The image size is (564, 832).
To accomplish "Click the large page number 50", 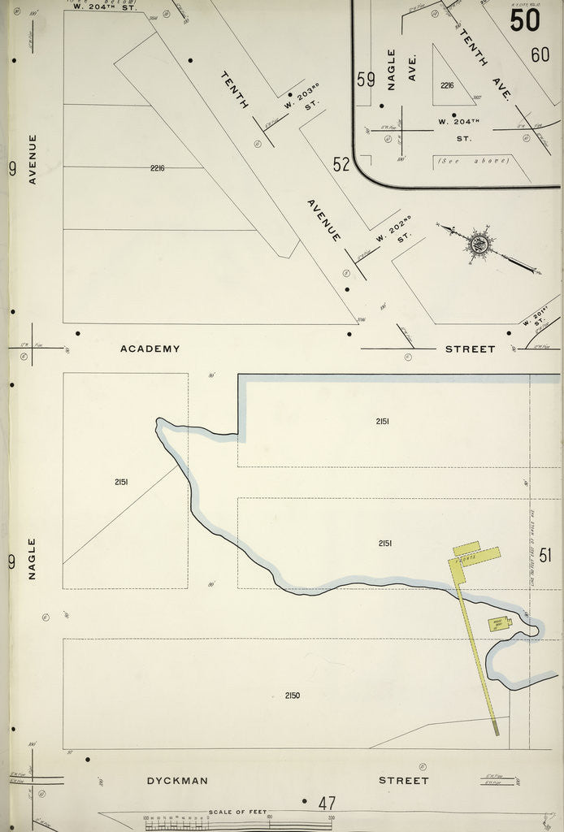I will point(525,19).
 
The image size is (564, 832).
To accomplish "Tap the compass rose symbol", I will point(479,242).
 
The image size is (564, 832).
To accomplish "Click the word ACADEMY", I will point(150,349).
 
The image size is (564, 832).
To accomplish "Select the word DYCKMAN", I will point(177,780).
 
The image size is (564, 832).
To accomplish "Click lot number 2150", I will point(293,695).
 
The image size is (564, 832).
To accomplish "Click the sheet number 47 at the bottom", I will point(327,804).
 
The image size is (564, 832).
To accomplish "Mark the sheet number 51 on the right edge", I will point(545,556).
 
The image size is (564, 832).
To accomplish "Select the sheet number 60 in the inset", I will point(540,54).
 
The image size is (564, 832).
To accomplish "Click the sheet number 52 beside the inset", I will point(341,164).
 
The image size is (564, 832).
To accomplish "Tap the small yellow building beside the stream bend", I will point(498,624).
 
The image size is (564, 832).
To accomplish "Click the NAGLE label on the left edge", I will point(33,558).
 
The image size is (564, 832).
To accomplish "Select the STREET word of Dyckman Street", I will point(403,780).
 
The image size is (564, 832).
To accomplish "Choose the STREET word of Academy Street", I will point(470,349).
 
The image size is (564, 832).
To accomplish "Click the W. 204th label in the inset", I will point(455,122).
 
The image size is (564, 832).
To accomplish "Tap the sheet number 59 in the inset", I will point(366,80).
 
